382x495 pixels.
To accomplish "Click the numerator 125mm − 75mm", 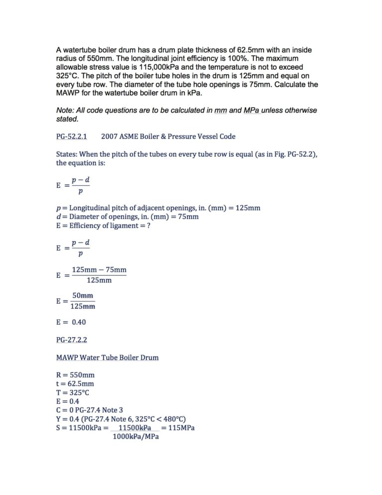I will click(x=99, y=270).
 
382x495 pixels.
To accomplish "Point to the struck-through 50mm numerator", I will click(x=83, y=295).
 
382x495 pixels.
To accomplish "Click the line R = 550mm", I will click(x=75, y=374).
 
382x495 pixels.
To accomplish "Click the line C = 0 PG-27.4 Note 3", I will click(x=90, y=410).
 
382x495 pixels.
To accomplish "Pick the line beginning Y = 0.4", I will click(x=121, y=419).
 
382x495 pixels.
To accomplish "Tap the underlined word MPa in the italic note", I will click(x=253, y=110).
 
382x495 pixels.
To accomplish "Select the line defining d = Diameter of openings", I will click(x=127, y=217).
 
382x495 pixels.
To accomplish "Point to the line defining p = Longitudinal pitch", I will click(x=158, y=208).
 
